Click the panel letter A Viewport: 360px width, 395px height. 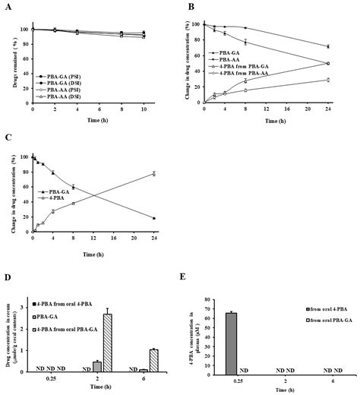pyautogui.click(x=6, y=7)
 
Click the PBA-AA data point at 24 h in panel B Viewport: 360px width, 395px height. pyautogui.click(x=327, y=46)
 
